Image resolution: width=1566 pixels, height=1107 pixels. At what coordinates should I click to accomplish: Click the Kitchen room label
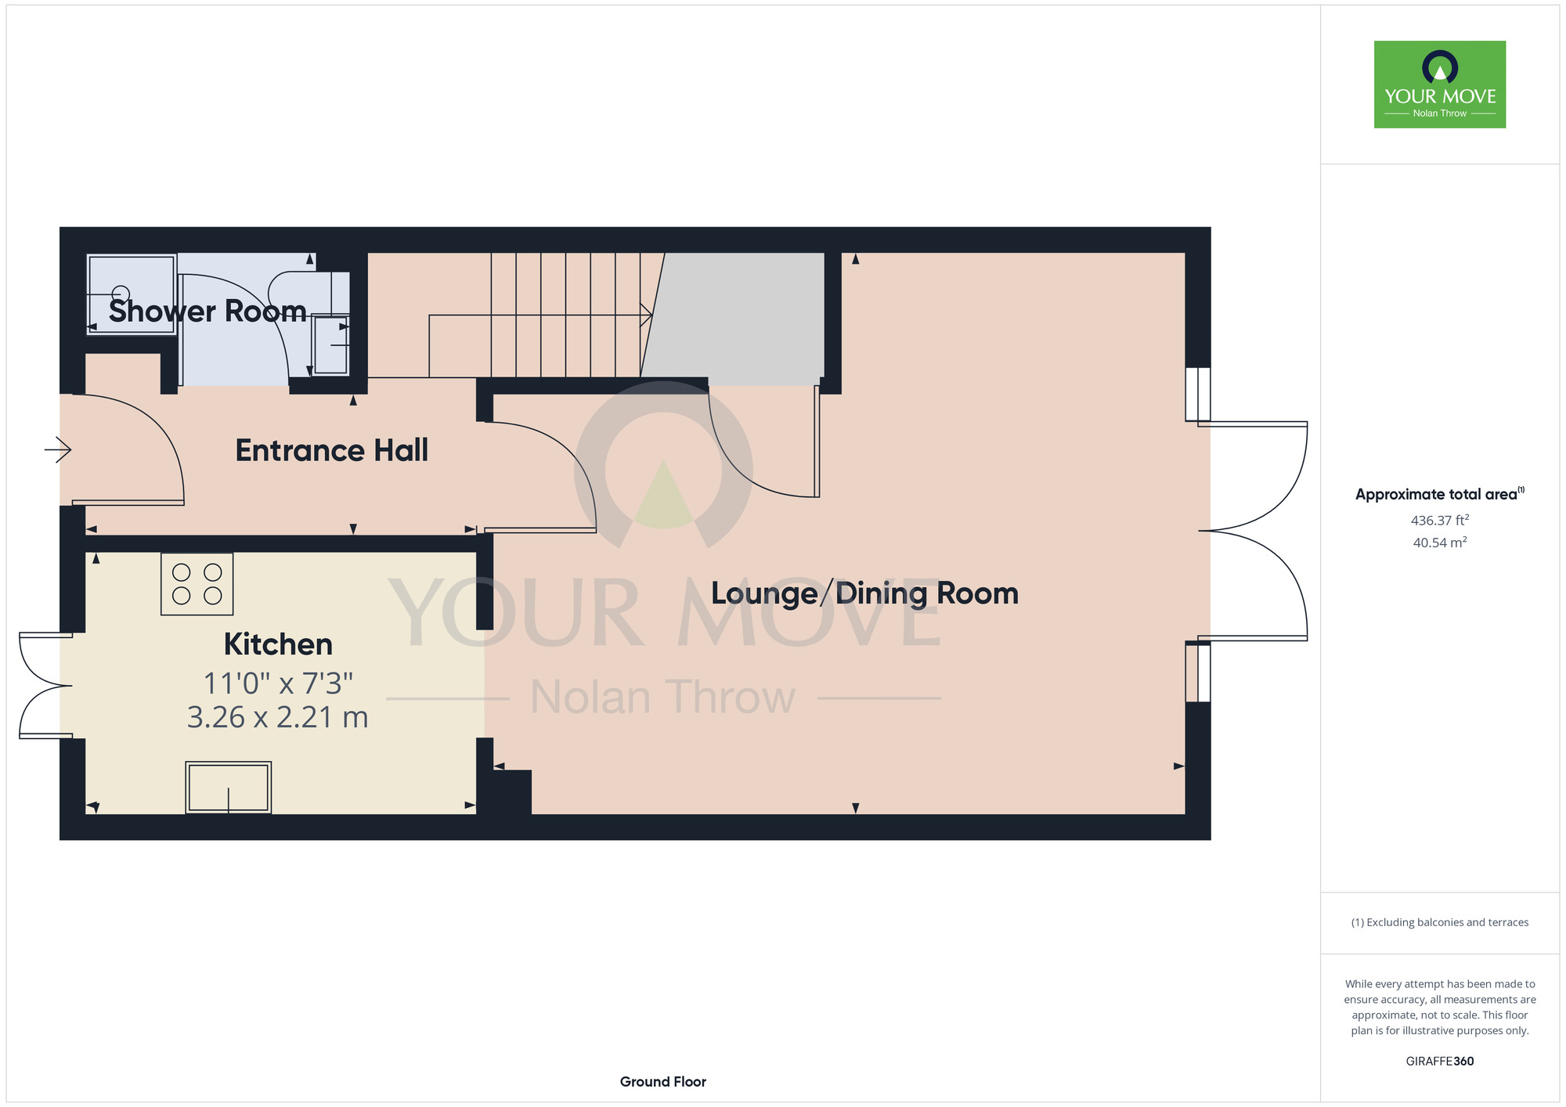[x=278, y=644]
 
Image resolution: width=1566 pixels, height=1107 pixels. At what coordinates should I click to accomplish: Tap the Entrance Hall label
[x=332, y=450]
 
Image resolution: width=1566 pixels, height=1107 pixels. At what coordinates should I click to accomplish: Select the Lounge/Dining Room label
[x=864, y=593]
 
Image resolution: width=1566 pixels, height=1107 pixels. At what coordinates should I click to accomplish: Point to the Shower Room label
[x=207, y=312]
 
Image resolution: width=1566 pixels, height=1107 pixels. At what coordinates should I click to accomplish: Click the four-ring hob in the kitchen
[x=197, y=584]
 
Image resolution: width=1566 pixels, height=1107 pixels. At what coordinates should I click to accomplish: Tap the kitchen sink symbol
[x=229, y=788]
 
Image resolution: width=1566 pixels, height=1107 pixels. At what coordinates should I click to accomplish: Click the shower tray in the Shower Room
[x=132, y=294]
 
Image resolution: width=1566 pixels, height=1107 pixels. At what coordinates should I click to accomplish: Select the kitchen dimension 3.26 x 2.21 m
[x=278, y=717]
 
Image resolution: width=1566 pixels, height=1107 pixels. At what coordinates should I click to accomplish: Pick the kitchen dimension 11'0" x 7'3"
[x=278, y=683]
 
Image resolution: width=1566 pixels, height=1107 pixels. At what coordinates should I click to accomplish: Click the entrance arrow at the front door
[x=58, y=449]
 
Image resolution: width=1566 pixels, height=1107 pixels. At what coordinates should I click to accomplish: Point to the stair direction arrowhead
[x=647, y=315]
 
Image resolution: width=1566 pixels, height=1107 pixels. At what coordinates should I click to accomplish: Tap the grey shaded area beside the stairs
[x=736, y=318]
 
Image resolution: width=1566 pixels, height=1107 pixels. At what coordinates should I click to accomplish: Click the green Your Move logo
[x=1440, y=85]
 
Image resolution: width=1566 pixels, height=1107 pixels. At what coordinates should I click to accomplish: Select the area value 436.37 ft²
[x=1440, y=520]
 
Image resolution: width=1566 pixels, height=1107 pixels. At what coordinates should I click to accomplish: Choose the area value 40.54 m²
[x=1440, y=543]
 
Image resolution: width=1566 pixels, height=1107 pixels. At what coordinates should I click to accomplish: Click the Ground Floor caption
[x=663, y=1082]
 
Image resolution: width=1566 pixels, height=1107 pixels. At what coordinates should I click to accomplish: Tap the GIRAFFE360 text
[x=1440, y=1062]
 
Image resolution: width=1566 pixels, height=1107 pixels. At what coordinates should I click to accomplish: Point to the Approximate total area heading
[x=1439, y=494]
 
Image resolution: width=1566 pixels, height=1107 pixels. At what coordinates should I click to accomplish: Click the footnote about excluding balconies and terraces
[x=1440, y=922]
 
